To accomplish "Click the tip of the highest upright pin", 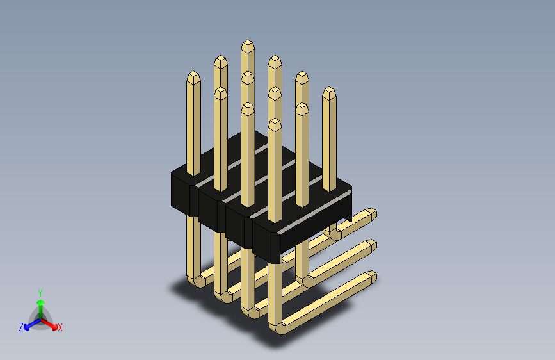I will pyautogui.click(x=248, y=46).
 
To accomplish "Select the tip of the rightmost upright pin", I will pyautogui.click(x=329, y=93).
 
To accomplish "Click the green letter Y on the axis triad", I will pyautogui.click(x=40, y=292).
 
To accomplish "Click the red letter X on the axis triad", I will pyautogui.click(x=60, y=328).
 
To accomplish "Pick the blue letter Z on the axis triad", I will pyautogui.click(x=21, y=327).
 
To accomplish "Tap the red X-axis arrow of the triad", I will pyautogui.click(x=51, y=324).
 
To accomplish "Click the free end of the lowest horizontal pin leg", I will pyautogui.click(x=369, y=277).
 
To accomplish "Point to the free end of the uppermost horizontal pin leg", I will pyautogui.click(x=370, y=215).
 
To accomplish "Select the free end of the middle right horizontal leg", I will pyautogui.click(x=369, y=246).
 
